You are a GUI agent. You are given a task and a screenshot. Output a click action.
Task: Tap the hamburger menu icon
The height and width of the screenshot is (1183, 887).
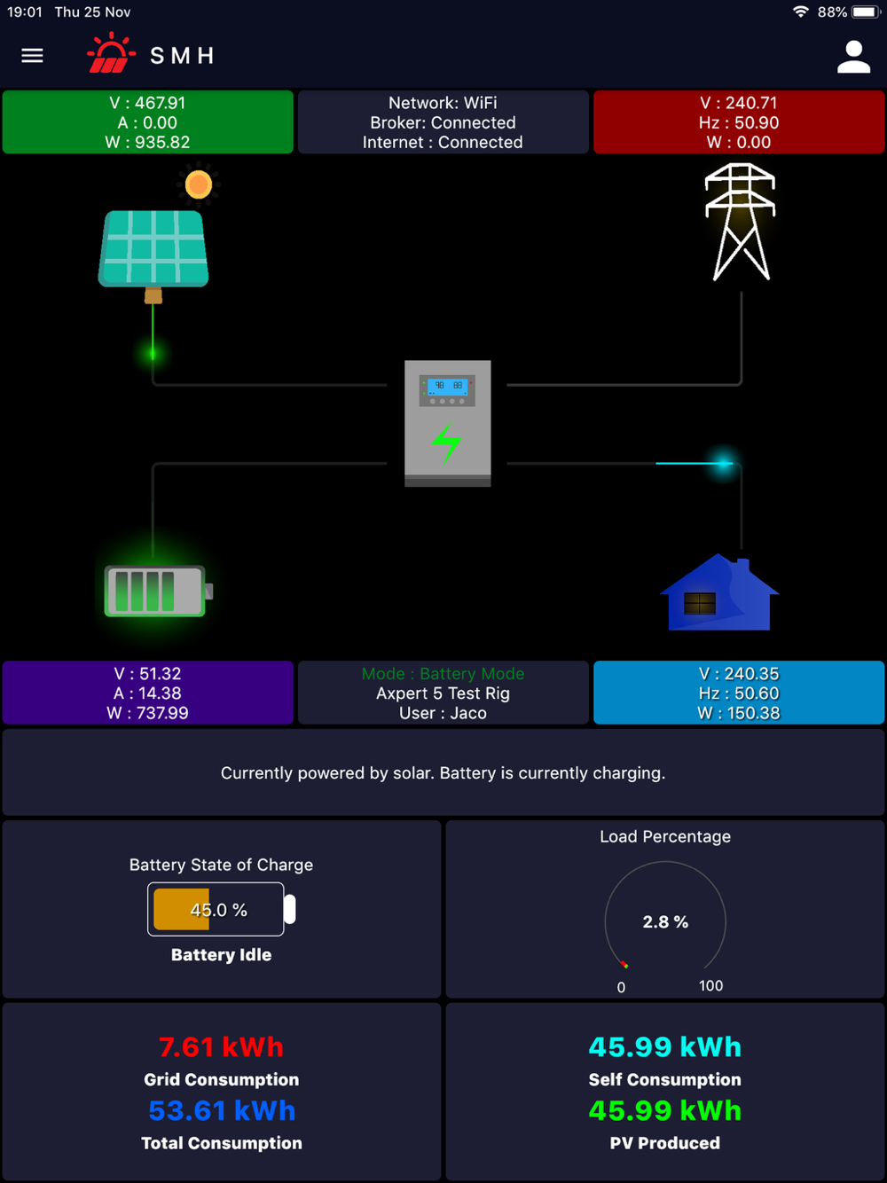[x=32, y=56]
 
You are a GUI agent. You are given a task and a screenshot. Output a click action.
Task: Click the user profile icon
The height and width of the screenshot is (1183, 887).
[x=853, y=57]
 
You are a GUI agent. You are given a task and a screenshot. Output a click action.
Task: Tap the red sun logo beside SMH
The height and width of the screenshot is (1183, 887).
[x=111, y=53]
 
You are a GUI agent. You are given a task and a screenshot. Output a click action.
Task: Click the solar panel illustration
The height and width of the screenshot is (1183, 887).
[x=153, y=247]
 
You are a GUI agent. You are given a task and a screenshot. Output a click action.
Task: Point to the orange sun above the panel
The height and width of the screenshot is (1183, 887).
[x=199, y=184]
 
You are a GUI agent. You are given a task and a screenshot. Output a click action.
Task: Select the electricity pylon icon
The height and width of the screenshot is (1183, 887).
[x=740, y=223]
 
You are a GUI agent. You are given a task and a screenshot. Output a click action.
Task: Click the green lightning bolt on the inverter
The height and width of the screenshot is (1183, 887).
[x=446, y=443]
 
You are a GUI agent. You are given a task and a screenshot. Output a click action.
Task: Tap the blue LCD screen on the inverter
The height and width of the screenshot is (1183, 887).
[x=447, y=387]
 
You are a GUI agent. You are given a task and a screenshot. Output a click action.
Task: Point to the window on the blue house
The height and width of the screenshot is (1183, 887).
[x=699, y=604]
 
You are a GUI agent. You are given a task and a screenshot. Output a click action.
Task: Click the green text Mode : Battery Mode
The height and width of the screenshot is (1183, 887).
[x=443, y=674]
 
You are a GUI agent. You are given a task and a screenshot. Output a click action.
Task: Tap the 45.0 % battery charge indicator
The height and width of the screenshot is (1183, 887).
[x=218, y=910]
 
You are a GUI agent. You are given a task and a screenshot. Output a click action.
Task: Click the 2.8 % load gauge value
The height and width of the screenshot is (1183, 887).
[x=665, y=922]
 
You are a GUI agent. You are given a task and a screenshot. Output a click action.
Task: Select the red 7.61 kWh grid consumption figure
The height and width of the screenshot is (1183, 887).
[x=221, y=1047]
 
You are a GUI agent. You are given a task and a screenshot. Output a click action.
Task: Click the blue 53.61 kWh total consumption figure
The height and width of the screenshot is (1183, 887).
[x=221, y=1111]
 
